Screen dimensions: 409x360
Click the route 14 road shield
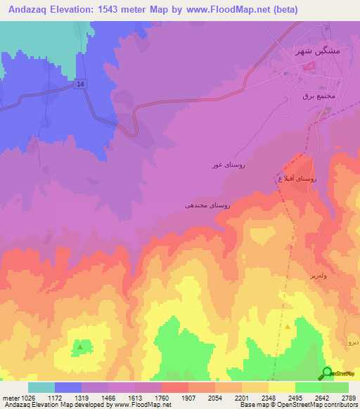(81, 84)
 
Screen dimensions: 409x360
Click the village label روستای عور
(229, 165)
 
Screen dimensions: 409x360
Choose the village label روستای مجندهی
(207, 204)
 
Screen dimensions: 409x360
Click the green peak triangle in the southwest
(81, 346)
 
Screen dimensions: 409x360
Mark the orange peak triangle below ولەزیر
(287, 327)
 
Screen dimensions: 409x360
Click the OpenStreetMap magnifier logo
(327, 373)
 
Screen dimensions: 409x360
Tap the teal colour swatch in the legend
(41, 387)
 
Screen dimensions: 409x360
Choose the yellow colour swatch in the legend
(281, 387)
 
